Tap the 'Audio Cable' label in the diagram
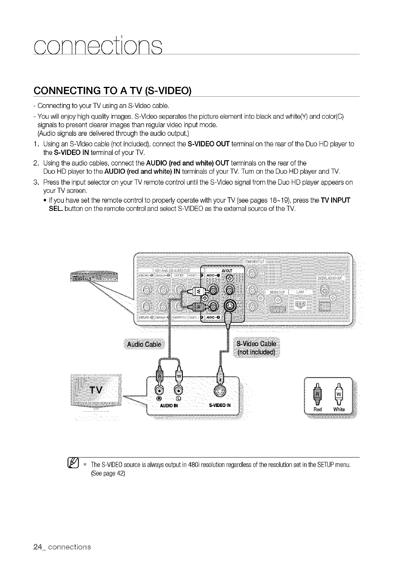coord(145,344)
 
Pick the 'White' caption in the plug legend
coord(339,409)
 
